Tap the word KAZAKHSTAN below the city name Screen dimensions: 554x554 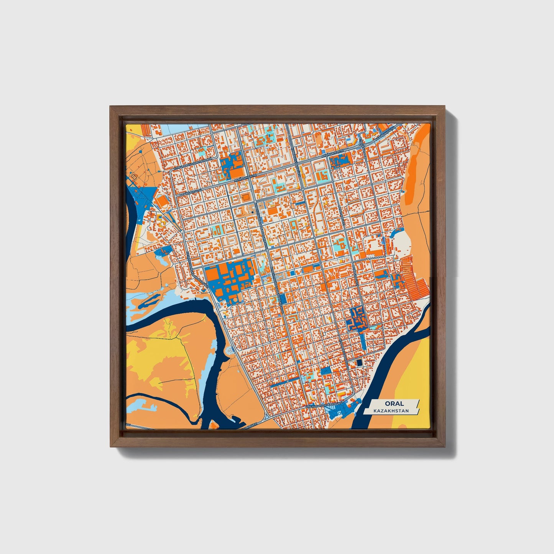click(392, 411)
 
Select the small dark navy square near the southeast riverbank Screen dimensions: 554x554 click(360, 362)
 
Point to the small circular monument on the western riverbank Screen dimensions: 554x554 click(230, 350)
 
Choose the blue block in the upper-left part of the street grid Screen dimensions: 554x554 click(232, 166)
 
